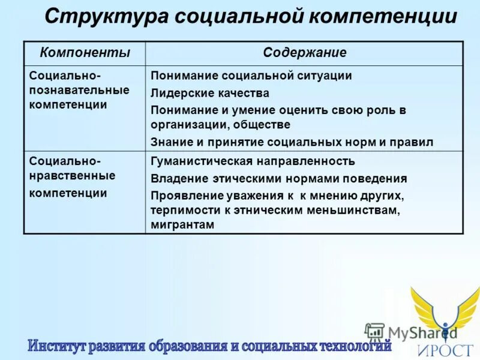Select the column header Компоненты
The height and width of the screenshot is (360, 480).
click(85, 53)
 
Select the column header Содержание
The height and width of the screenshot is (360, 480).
click(304, 53)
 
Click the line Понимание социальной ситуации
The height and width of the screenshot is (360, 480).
click(251, 76)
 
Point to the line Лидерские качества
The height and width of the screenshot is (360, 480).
click(209, 94)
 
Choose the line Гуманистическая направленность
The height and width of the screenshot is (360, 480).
click(253, 161)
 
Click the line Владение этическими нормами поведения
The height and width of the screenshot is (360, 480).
click(278, 179)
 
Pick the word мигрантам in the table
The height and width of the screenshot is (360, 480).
click(182, 224)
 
